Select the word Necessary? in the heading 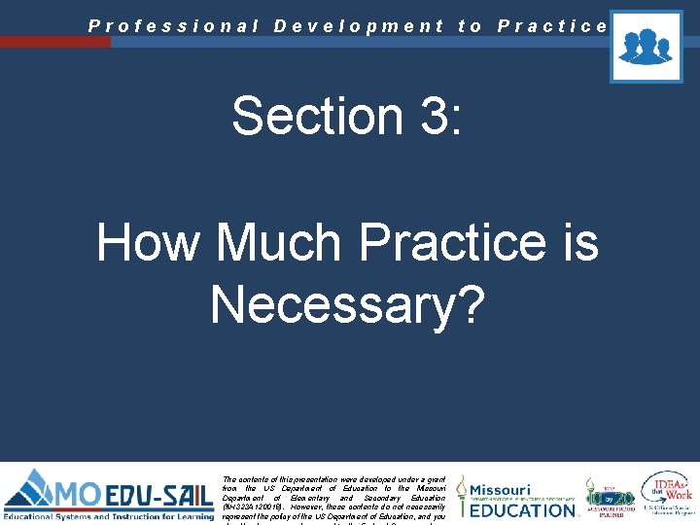(x=347, y=304)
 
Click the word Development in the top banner (x=359, y=26)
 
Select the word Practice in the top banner (x=551, y=26)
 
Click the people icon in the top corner (x=646, y=46)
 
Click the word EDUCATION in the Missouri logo (x=524, y=508)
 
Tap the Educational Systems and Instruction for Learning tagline (x=109, y=514)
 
